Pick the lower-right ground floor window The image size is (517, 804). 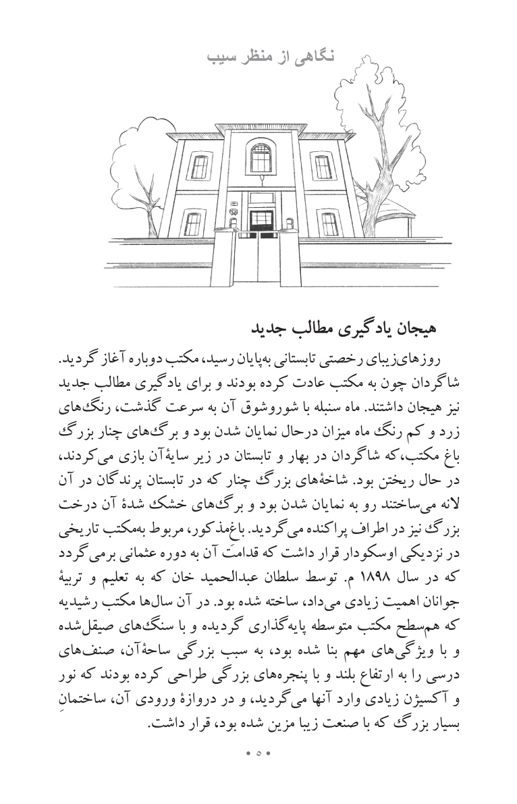pyautogui.click(x=329, y=223)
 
